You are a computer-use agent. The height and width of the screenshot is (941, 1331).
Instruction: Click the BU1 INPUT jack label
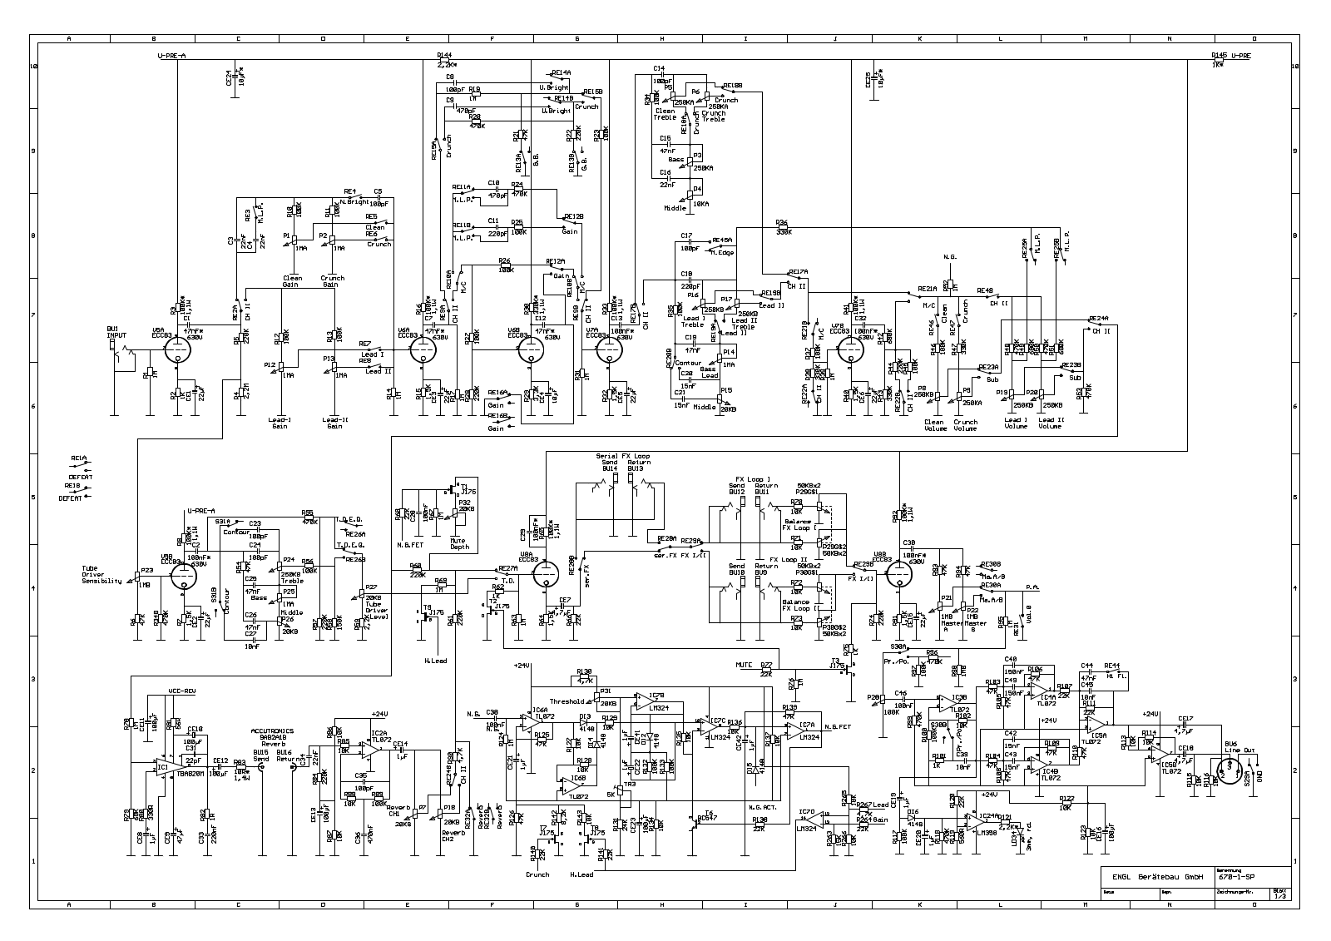tap(114, 331)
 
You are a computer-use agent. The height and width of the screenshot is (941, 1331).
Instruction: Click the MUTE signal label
tap(744, 665)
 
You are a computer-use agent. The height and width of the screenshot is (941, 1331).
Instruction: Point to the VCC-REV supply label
tap(181, 691)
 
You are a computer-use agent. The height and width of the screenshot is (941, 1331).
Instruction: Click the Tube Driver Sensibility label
tap(101, 575)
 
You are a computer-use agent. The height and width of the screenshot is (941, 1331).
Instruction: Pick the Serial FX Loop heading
tap(623, 457)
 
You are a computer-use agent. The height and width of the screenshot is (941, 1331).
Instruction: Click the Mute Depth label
tap(459, 543)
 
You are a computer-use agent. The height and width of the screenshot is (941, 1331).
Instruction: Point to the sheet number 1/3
tap(1279, 895)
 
